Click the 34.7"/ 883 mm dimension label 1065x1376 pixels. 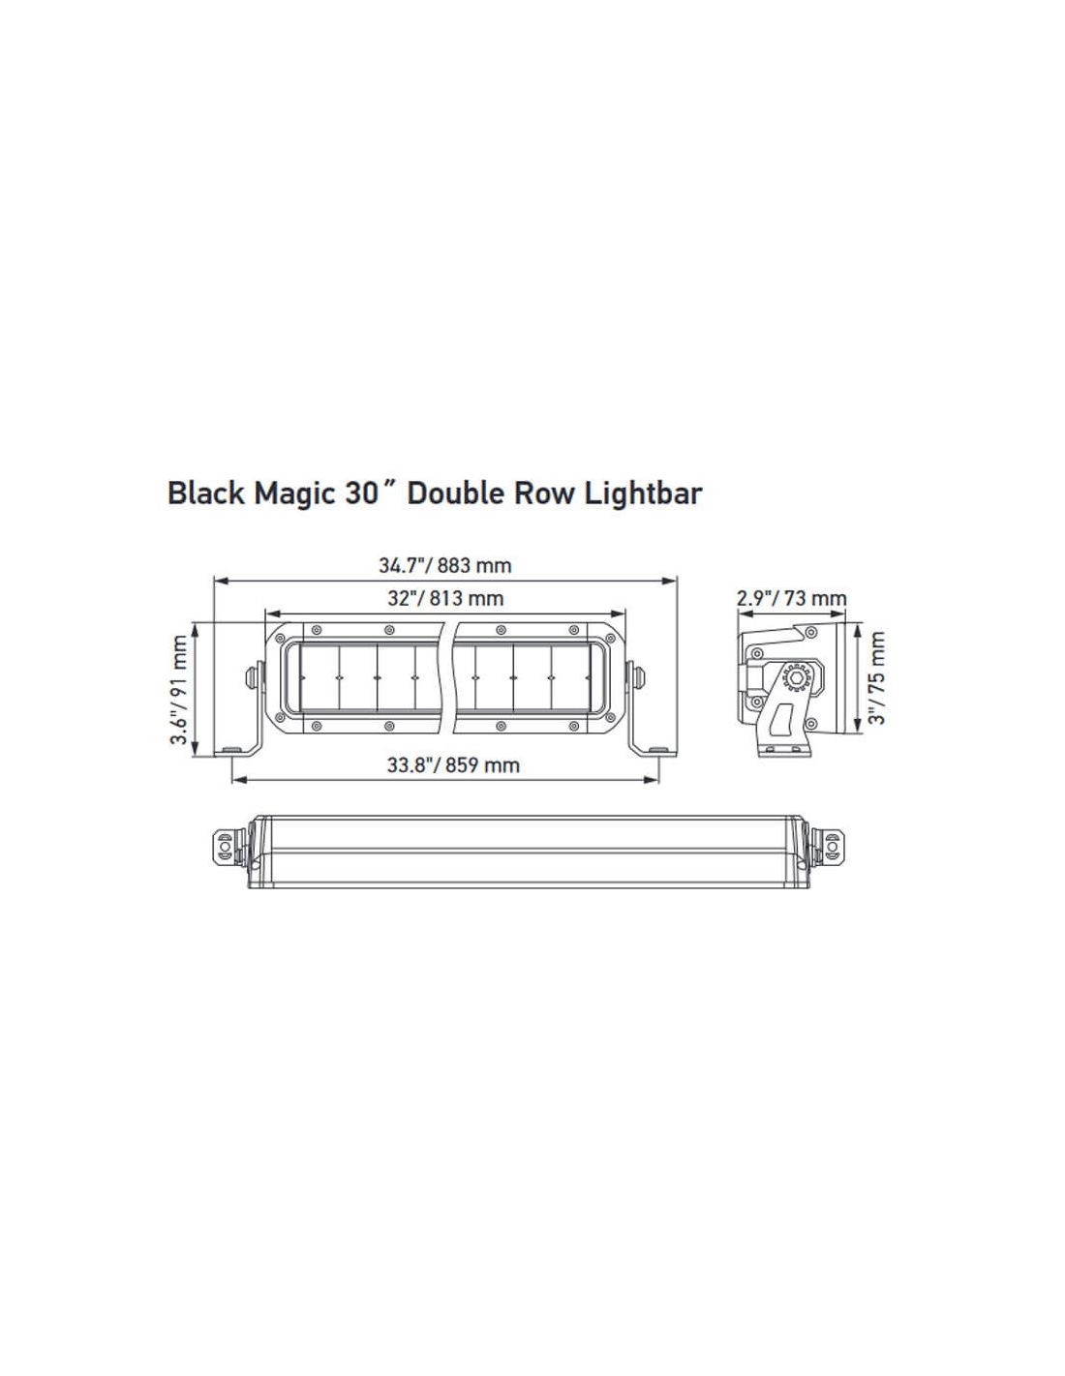tap(444, 565)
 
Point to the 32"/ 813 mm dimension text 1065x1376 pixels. tap(445, 598)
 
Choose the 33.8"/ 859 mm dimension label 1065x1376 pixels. tap(453, 765)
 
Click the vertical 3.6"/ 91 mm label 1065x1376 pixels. tap(180, 690)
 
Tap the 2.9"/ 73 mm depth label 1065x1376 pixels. tap(791, 598)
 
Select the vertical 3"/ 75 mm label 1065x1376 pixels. tap(876, 678)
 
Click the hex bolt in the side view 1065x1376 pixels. tap(795, 678)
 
